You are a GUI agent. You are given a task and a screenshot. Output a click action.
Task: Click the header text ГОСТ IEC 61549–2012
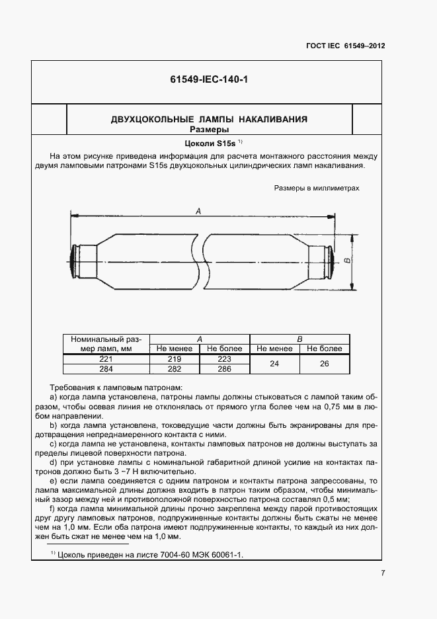click(x=346, y=46)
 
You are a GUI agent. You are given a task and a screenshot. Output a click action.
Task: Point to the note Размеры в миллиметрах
click(x=317, y=188)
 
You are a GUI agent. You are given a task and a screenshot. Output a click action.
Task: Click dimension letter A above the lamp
click(x=200, y=210)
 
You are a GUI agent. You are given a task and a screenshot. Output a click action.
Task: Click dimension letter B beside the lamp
click(x=347, y=262)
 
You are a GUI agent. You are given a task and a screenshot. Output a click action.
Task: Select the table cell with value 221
click(x=106, y=358)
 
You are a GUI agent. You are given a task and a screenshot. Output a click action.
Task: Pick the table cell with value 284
click(x=106, y=369)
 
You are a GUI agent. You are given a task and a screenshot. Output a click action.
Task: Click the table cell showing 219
click(x=174, y=358)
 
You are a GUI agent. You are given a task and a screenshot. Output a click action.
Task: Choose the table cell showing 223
click(x=225, y=358)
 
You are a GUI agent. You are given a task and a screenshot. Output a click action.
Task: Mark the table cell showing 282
click(x=174, y=369)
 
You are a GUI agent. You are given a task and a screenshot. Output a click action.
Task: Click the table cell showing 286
click(x=225, y=369)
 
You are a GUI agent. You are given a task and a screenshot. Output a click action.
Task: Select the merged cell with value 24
click(x=274, y=364)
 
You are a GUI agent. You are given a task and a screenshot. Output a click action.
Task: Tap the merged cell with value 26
click(x=325, y=364)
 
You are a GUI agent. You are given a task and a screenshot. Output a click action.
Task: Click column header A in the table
click(x=200, y=339)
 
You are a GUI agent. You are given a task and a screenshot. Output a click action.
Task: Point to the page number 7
click(x=383, y=573)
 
